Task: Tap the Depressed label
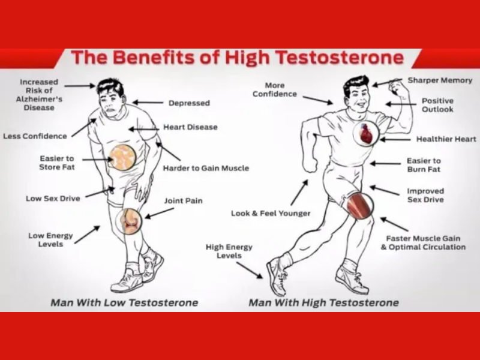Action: point(189,103)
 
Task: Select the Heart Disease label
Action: point(190,127)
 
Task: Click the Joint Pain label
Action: point(184,201)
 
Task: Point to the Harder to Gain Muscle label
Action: point(206,168)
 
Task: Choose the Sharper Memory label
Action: point(440,80)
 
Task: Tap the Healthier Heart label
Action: point(446,139)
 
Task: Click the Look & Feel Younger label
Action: point(271,214)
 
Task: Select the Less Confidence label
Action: point(35,136)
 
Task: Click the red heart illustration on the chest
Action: point(365,133)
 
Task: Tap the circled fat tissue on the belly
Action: point(122,157)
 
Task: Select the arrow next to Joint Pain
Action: point(159,214)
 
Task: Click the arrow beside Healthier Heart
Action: point(395,140)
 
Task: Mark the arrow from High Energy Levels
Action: point(250,271)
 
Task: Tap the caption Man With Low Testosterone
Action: point(124,303)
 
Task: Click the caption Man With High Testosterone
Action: point(323,303)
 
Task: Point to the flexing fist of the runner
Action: point(397,86)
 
